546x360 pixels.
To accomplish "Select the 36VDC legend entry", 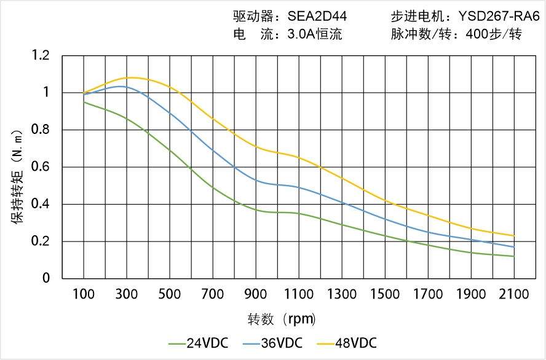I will [280, 343].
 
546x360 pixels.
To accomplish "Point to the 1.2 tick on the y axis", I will [41, 56].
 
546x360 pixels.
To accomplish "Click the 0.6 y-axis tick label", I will [41, 167].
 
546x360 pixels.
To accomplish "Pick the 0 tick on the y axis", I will [47, 278].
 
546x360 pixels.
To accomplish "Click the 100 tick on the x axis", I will [84, 294].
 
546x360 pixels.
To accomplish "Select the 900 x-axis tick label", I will [256, 294].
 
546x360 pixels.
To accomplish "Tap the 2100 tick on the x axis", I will [514, 294].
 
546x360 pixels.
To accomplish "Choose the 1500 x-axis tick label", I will [385, 294].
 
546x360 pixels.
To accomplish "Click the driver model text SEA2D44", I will [317, 17].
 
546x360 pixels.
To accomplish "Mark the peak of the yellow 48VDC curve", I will [132, 77].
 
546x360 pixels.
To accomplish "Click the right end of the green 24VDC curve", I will [514, 256].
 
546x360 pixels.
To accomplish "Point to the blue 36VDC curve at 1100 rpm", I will [299, 187].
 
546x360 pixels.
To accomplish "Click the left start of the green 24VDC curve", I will [84, 102].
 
